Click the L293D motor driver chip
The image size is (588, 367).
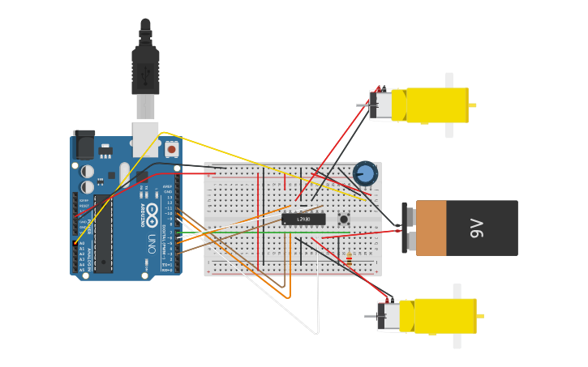click(x=303, y=219)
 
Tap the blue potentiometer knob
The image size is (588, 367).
click(x=365, y=173)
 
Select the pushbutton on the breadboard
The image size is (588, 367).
click(x=344, y=219)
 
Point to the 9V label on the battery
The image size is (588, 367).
click(x=478, y=228)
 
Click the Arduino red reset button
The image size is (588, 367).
click(x=171, y=150)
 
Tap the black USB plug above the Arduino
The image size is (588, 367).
click(x=145, y=69)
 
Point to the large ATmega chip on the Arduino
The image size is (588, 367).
click(x=103, y=233)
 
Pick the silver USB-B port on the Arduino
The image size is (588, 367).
click(x=146, y=138)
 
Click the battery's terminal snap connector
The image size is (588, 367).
click(x=409, y=228)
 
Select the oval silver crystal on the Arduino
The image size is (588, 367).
click(x=124, y=175)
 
